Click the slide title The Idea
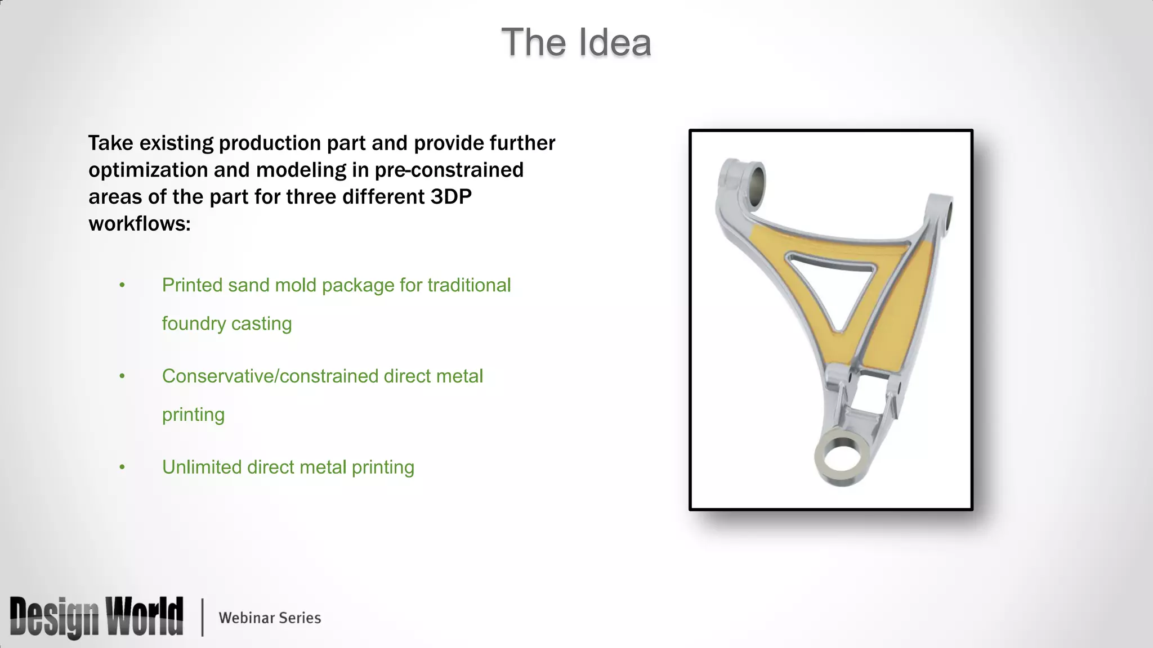576,43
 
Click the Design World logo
96,617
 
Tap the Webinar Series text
270,618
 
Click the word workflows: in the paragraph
140,224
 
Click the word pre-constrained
449,170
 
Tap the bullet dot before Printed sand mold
122,286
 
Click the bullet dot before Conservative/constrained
122,376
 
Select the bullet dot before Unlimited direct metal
122,467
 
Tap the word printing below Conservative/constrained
193,415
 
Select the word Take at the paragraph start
110,143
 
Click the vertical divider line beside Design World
202,617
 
